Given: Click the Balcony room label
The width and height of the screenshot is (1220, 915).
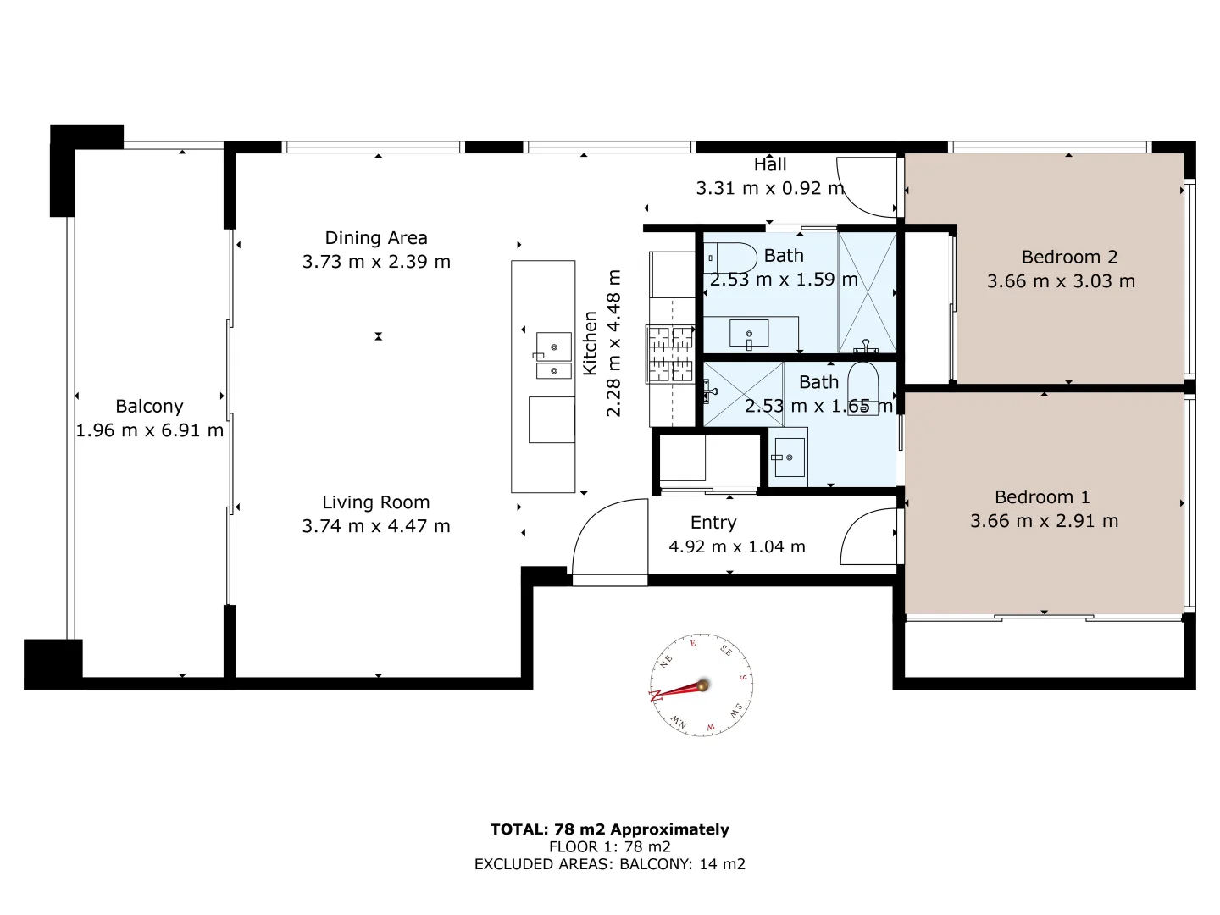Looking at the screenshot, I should coord(149,407).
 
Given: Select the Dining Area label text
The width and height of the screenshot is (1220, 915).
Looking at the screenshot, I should coord(376,238).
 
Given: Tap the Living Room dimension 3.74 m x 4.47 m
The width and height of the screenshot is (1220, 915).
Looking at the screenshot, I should coord(376,526).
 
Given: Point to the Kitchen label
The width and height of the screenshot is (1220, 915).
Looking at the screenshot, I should coord(591,343).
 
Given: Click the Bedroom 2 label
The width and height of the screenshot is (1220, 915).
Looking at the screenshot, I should coord(1069,257).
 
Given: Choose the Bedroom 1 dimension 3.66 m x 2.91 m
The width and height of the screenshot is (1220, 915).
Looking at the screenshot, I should coord(1044,521).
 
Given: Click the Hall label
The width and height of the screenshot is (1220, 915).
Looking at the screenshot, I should coord(770,164).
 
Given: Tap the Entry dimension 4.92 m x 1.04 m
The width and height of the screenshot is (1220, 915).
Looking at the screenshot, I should coord(736,546).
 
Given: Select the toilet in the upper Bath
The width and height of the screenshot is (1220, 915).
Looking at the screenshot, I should coord(731,256).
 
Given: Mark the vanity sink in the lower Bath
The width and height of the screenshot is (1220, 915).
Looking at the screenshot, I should coord(789,457).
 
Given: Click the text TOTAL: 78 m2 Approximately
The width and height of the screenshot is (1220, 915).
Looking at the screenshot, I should coord(609,829).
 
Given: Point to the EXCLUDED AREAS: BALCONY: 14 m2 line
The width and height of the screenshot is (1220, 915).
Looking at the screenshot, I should coord(609,864).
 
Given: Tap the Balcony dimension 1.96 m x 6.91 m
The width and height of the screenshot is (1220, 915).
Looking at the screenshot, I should coord(149,430).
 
